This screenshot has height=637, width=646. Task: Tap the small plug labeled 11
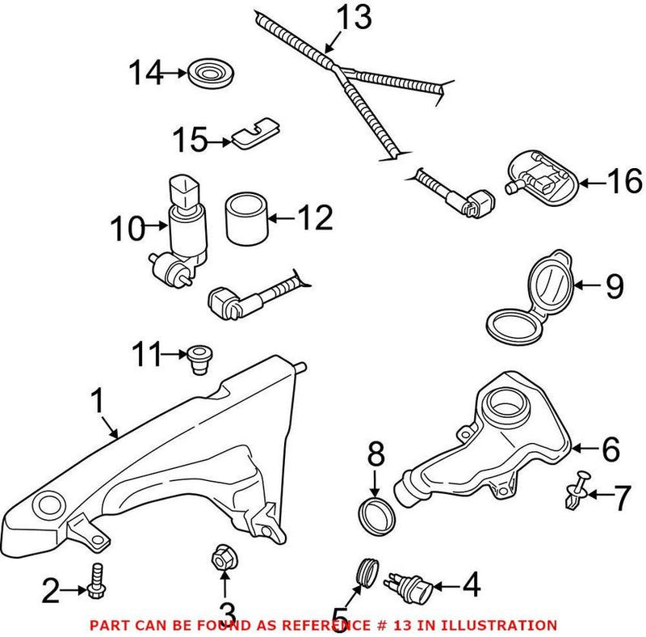point(196,358)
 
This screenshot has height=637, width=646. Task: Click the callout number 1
point(98,401)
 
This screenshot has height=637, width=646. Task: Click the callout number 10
point(126,228)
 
